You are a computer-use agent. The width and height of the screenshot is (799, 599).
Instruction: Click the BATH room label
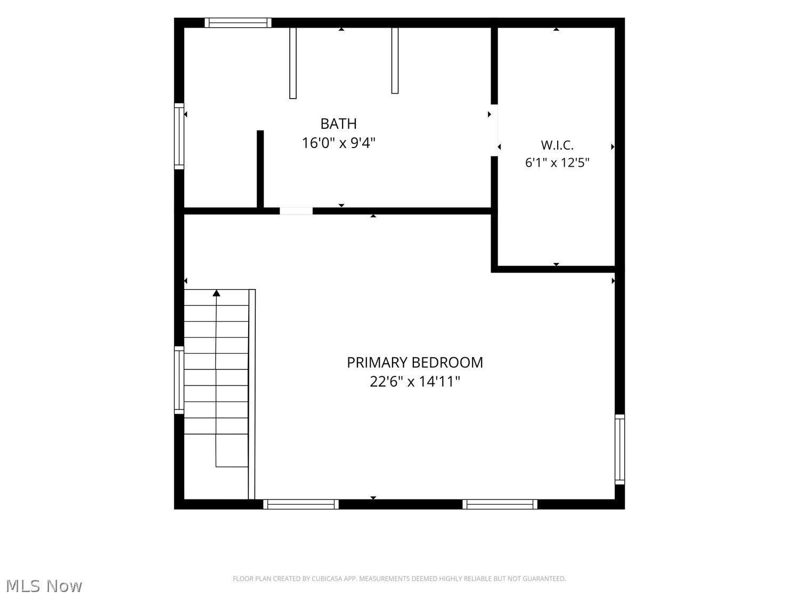click(x=338, y=124)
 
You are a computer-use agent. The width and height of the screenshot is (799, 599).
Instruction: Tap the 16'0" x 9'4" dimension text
click(x=339, y=143)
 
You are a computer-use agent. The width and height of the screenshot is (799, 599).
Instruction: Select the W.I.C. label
click(x=557, y=145)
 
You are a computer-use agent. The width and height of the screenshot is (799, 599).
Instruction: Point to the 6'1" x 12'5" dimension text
click(x=557, y=162)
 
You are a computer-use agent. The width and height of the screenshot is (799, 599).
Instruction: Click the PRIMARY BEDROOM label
click(x=414, y=363)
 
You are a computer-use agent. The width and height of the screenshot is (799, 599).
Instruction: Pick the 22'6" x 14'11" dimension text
click(x=415, y=382)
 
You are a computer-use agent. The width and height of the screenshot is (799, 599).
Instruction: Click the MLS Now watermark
click(x=44, y=586)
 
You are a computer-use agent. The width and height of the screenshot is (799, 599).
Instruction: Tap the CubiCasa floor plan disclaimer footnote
click(x=399, y=579)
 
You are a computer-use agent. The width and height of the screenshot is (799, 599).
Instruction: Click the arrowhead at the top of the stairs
click(x=216, y=293)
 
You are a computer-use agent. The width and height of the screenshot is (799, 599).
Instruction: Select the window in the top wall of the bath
click(x=238, y=22)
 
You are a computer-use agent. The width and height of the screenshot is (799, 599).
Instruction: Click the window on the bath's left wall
click(x=179, y=136)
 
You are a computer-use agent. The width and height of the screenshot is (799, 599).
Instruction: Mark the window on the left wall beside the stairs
click(x=179, y=380)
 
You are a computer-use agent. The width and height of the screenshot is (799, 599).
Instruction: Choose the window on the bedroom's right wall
click(x=619, y=449)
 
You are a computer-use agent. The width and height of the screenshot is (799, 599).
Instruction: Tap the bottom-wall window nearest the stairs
click(x=300, y=504)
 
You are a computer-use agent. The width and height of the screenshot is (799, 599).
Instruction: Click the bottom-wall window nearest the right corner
click(x=500, y=504)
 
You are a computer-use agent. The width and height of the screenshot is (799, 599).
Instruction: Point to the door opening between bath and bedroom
click(x=296, y=211)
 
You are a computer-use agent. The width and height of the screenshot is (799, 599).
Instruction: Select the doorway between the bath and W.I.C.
click(x=494, y=130)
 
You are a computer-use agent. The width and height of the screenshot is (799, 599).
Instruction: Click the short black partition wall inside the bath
click(x=260, y=169)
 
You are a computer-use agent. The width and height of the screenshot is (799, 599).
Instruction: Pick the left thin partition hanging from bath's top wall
click(x=293, y=63)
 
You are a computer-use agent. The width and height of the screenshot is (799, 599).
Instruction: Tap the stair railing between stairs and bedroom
click(x=252, y=394)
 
